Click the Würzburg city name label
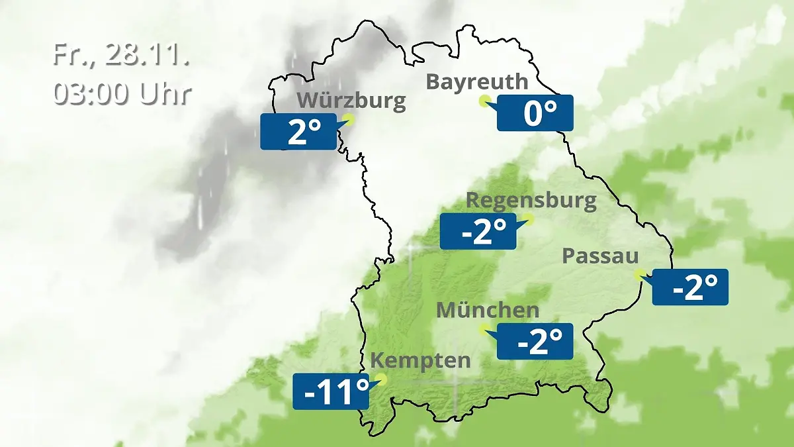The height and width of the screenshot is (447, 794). coord(351,101)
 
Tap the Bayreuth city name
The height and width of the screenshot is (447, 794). coord(477,81)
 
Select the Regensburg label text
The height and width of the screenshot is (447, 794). coord(531,199)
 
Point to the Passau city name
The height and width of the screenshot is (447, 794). coord(601,256)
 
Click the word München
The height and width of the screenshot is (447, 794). coord(488,309)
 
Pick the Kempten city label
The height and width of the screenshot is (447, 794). coord(420,361)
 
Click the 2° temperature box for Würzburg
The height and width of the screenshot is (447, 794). coord(298,131)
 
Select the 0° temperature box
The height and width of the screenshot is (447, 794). coord(535,113)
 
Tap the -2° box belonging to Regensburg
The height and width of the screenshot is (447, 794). coord(478,231)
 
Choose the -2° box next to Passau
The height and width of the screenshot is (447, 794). coord(690,287)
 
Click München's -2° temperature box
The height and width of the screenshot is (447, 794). coord(535,341)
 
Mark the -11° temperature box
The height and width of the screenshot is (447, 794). coord(331,391)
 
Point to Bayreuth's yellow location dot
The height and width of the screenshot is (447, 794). coord(484,101)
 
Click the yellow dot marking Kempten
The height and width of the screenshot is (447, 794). coord(380,379)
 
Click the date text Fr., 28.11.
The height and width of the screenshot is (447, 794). coord(121,56)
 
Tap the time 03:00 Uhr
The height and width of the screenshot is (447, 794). coord(122,94)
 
